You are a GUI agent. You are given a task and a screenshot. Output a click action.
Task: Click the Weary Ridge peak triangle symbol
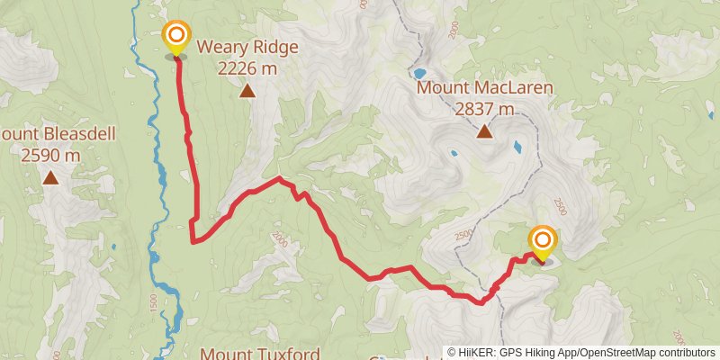(247, 90)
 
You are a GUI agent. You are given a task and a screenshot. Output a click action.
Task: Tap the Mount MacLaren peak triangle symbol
(484, 132)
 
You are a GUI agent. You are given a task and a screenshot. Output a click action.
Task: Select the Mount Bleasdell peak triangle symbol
(51, 178)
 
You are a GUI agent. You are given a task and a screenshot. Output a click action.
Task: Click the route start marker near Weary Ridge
(175, 37)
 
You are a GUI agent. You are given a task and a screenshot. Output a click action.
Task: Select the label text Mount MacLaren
(484, 88)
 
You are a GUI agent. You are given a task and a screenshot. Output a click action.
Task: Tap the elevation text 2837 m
(484, 109)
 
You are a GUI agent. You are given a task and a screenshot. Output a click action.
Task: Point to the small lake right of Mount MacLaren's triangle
(516, 145)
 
